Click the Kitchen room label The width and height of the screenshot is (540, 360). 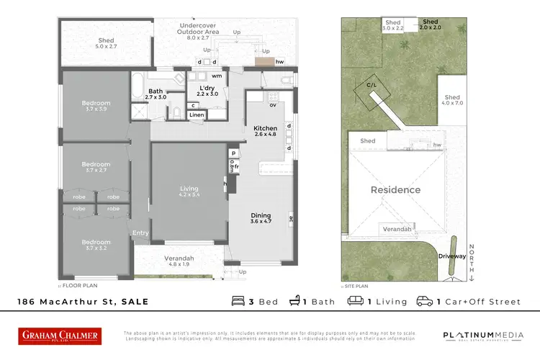point(265,130)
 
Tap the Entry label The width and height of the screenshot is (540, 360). point(140,233)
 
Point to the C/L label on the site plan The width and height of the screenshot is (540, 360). point(372,84)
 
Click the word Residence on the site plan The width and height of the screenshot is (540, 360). point(395,190)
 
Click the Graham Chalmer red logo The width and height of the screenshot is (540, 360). point(60,336)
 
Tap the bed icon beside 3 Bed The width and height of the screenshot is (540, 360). point(238,301)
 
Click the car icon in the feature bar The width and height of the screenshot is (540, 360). point(425,301)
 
